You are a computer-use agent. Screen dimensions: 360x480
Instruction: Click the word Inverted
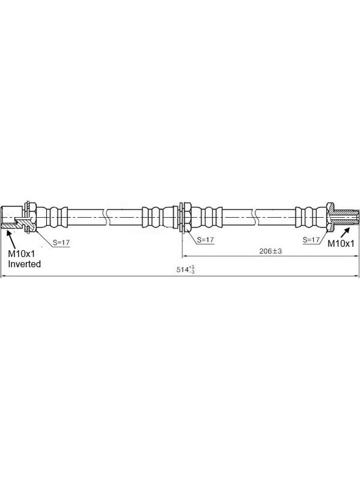click(24, 264)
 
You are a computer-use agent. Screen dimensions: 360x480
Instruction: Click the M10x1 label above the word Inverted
click(22, 254)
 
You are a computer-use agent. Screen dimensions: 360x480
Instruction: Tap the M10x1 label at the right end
click(341, 244)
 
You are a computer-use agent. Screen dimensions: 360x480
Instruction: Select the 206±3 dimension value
click(271, 251)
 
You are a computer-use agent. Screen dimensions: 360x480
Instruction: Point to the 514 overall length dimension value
click(185, 269)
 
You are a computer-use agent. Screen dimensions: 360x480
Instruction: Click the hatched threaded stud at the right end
click(347, 217)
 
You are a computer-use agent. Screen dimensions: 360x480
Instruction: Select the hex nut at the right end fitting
click(331, 217)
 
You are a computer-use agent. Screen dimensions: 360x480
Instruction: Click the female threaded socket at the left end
click(11, 217)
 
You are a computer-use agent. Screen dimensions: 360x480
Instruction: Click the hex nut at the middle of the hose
click(187, 217)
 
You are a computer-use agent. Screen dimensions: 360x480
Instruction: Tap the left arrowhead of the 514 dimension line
click(3, 277)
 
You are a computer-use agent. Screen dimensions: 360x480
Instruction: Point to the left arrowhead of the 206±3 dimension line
click(185, 257)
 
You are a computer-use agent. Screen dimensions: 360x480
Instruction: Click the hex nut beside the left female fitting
click(33, 217)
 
